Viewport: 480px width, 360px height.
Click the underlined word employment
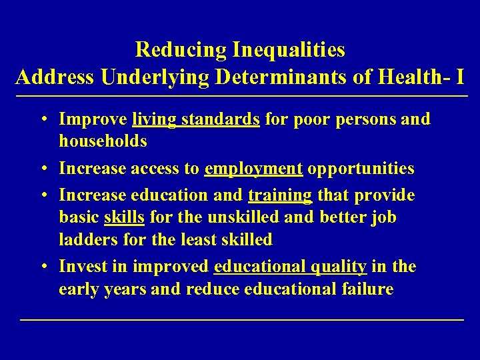(x=254, y=169)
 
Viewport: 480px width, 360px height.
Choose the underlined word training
(x=280, y=195)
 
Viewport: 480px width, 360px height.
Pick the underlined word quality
(x=339, y=267)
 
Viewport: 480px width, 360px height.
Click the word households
(x=103, y=141)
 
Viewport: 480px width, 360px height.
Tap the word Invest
(x=79, y=267)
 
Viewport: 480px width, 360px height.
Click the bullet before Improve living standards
(x=42, y=120)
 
